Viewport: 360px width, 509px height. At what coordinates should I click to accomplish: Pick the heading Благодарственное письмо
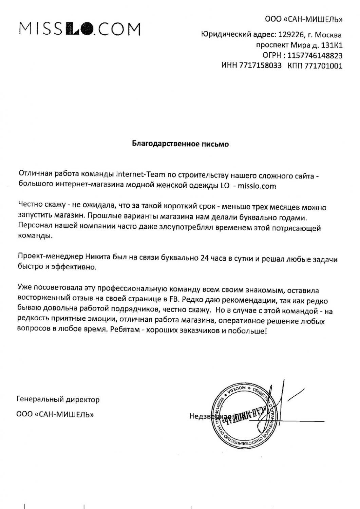coord(180,144)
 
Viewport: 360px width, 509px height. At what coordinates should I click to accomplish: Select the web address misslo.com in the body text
coord(257,186)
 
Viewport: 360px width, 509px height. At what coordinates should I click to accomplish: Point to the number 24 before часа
coord(205,259)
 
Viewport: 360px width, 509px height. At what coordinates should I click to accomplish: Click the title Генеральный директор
coord(58,399)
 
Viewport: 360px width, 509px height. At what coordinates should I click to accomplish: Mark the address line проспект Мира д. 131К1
coord(299,45)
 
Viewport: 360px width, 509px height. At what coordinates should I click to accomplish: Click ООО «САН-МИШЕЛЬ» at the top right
coord(304,19)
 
